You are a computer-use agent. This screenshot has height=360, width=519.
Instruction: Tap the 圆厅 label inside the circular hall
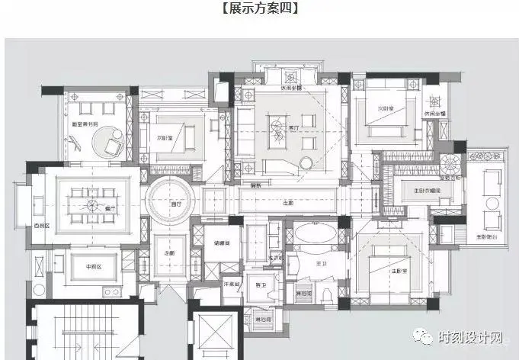pos(176,204)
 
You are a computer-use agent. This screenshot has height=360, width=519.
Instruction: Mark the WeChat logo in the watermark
pos(423,336)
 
